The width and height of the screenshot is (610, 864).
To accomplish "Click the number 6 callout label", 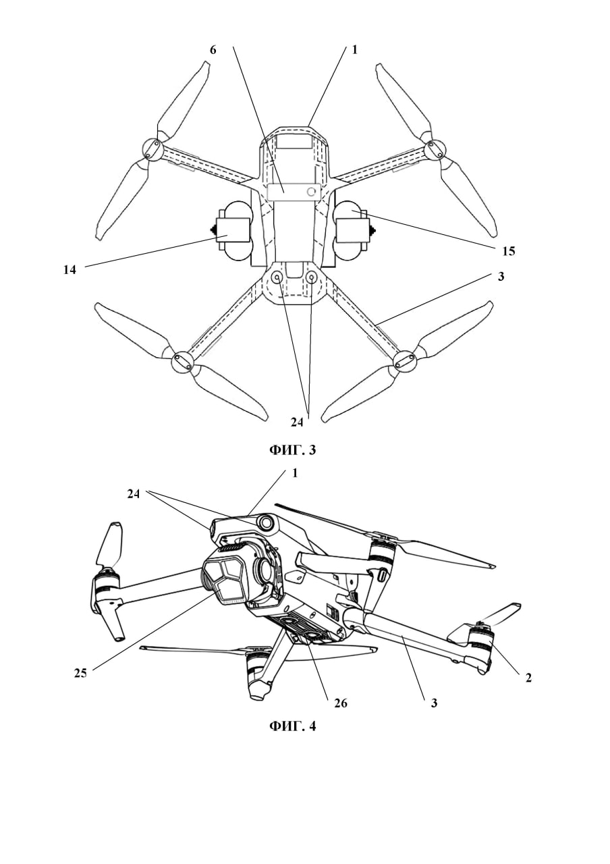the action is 213,50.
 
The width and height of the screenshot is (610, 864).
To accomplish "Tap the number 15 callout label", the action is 509,251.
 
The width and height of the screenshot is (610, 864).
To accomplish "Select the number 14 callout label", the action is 70,270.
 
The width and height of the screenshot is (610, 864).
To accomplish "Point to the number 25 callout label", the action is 80,674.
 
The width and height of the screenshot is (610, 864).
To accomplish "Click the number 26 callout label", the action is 341,703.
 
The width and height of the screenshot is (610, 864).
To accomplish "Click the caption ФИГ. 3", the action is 292,450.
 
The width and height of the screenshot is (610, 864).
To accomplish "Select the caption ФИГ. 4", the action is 292,726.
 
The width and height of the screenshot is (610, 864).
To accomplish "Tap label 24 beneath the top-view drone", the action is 297,423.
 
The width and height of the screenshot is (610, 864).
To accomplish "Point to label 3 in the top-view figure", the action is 501,277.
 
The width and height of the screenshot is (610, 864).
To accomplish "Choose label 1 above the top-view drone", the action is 354,50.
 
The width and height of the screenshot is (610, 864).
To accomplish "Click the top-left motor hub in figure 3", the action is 152,149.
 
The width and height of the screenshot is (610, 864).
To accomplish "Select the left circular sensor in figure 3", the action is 277,277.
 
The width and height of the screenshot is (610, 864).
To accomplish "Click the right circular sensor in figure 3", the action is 312,277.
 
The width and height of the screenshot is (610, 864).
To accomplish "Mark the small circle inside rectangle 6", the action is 312,192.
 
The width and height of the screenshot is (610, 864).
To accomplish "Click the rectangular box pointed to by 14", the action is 233,230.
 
